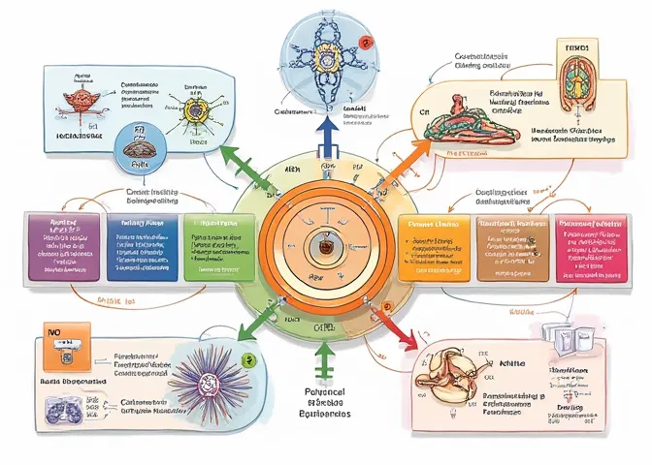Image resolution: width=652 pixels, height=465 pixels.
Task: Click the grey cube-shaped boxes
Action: (x=563, y=337)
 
